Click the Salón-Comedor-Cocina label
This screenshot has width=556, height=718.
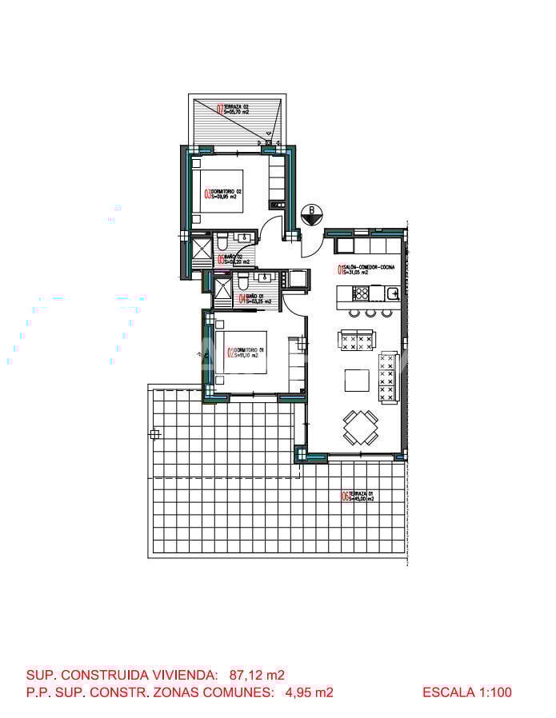click(x=367, y=269)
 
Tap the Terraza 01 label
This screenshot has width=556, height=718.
click(x=358, y=497)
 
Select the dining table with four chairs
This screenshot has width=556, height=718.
click(x=360, y=427)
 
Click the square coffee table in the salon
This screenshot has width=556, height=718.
click(x=357, y=379)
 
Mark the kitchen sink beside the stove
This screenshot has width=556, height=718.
click(x=393, y=293)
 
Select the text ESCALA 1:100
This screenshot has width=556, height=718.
click(x=466, y=692)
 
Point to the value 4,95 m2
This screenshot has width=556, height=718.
click(x=309, y=692)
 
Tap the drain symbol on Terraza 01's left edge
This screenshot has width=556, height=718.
click(x=154, y=434)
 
